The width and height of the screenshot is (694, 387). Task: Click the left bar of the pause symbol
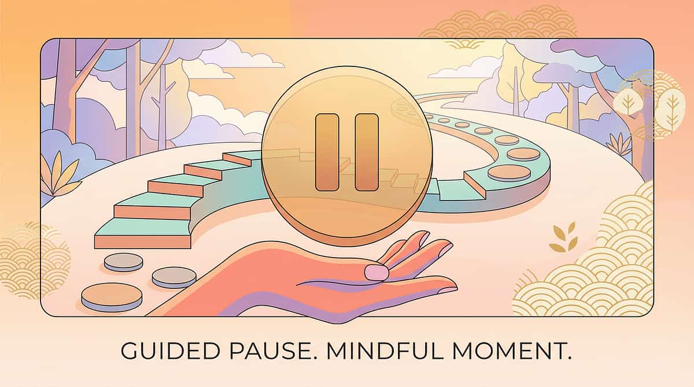tap(327, 152)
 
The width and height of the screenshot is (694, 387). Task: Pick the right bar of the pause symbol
tap(366, 152)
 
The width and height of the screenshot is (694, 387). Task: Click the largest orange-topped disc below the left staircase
tap(112, 296)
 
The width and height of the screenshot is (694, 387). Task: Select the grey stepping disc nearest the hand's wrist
tap(174, 277)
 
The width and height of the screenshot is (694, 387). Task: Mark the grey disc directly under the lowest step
tap(124, 262)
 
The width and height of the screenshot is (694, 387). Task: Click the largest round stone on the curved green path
tap(509, 173)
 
